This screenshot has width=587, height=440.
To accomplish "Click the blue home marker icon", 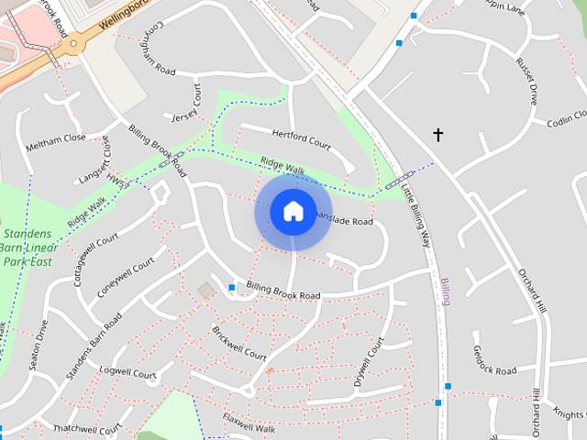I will point(293,211).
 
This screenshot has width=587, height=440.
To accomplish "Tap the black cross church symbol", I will point(438,136).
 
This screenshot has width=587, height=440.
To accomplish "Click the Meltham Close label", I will point(55,137).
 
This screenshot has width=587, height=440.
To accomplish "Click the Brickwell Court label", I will point(238,343).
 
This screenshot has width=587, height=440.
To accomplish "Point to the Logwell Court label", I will point(128,373).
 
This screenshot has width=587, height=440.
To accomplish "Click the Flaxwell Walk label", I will point(249,423).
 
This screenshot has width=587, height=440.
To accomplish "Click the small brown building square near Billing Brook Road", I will point(205,290).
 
